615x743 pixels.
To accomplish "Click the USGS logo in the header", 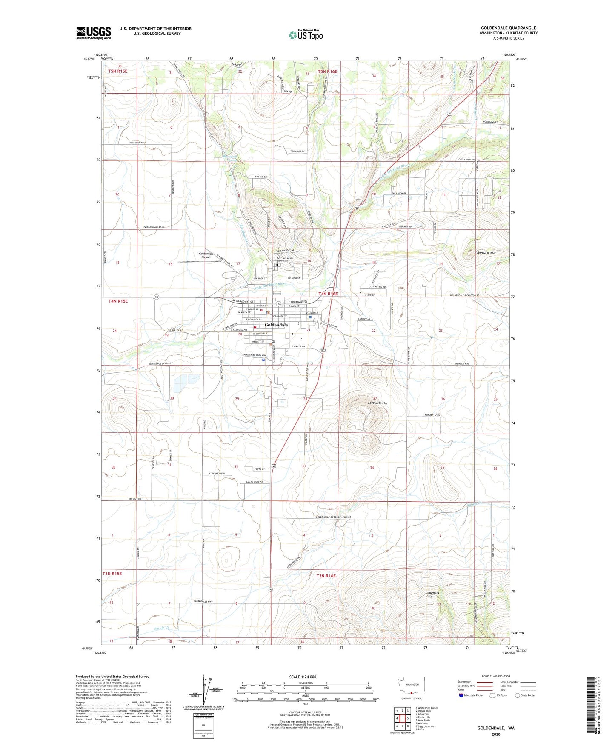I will tap(93, 33).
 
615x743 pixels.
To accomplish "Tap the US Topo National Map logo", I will tap(306, 35).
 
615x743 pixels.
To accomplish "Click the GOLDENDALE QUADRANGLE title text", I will tap(508, 28).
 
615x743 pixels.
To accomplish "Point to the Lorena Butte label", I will tap(378, 403).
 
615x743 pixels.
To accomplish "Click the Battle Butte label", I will tap(486, 253).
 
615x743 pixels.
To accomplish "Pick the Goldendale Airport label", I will tap(206, 255).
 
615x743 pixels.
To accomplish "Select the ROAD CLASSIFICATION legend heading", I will tap(496, 676).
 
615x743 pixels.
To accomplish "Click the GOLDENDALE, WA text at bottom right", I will tap(496, 728).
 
